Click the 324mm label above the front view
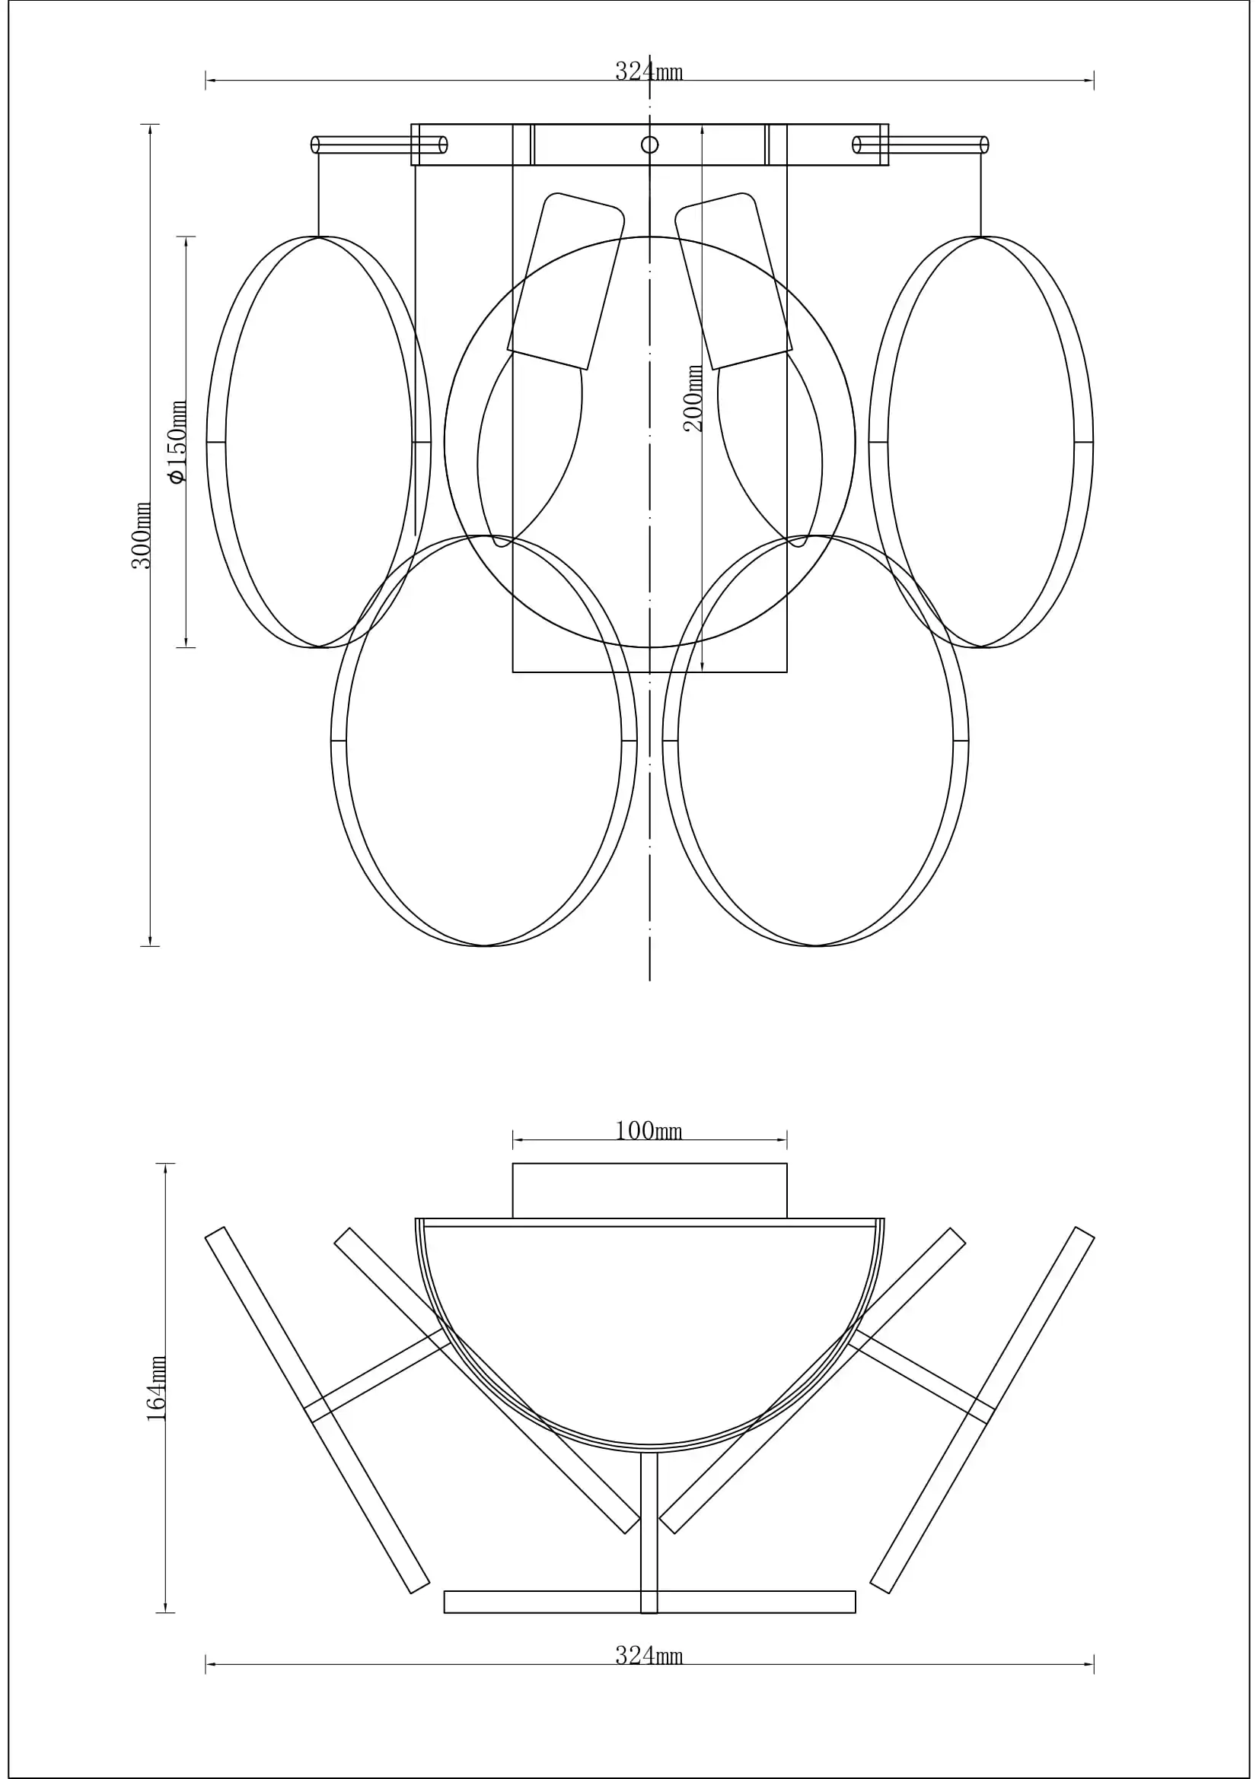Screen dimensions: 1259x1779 tap(649, 71)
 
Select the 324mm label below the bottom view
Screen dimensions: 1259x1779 tap(649, 1656)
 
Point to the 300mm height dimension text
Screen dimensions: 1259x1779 tap(142, 535)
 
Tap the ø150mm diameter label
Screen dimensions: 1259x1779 tap(179, 443)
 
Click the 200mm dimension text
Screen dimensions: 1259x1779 tap(694, 399)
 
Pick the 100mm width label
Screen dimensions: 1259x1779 tap(649, 1130)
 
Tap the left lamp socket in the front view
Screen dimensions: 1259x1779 tap(566, 281)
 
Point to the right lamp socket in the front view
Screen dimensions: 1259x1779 tap(733, 281)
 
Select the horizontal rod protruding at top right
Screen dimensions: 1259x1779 tap(920, 145)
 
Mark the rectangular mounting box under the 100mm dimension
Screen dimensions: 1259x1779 tap(649, 1191)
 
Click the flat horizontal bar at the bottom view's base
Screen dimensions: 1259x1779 tap(649, 1602)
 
